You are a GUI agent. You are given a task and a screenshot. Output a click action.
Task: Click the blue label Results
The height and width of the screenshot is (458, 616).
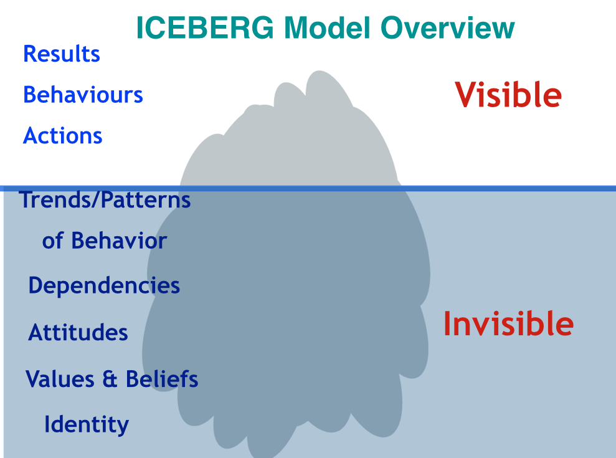click(x=62, y=54)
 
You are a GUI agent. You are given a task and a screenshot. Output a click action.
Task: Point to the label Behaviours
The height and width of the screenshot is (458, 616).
click(x=83, y=95)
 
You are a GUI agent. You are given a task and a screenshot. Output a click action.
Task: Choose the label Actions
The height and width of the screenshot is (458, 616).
click(x=63, y=135)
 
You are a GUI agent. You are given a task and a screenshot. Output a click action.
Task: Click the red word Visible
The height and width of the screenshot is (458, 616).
click(x=508, y=95)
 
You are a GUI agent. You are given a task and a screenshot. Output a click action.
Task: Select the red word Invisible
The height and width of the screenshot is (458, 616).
click(x=508, y=324)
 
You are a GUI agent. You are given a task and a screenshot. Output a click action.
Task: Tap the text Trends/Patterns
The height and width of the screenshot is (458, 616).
click(x=105, y=201)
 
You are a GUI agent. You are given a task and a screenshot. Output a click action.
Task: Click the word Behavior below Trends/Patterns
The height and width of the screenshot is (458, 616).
click(x=118, y=241)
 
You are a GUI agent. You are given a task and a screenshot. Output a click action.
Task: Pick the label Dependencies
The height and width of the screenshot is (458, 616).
click(x=104, y=286)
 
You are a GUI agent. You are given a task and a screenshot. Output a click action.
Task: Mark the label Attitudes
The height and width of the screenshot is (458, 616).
click(x=78, y=332)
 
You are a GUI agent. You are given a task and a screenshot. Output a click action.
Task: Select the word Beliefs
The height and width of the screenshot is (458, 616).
click(x=162, y=378)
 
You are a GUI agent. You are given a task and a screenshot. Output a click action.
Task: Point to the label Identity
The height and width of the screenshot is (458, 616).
click(x=87, y=424)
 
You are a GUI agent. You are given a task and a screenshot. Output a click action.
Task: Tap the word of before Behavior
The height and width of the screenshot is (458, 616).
click(x=52, y=241)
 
